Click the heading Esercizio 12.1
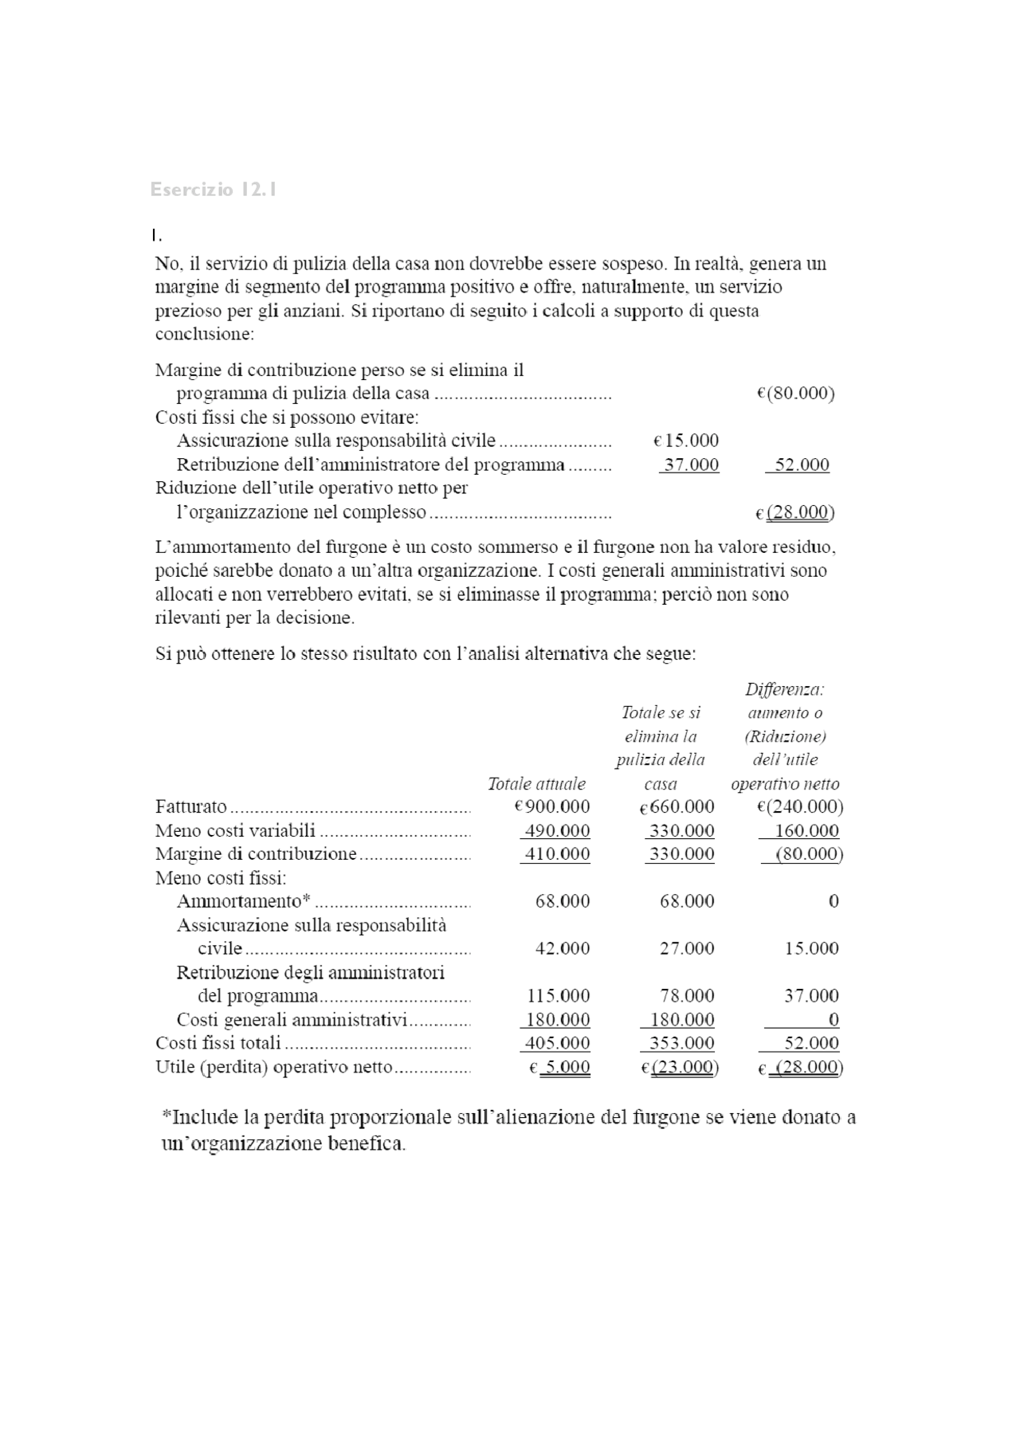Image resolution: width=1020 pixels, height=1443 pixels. pyautogui.click(x=214, y=190)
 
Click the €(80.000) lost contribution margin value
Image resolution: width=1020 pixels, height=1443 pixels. pyautogui.click(x=795, y=394)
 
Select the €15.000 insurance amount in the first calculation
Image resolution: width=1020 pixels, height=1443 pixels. pyautogui.click(x=686, y=441)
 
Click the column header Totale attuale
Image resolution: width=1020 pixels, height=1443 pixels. pyautogui.click(x=536, y=784)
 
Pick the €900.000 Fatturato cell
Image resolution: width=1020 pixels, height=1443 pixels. pyautogui.click(x=552, y=806)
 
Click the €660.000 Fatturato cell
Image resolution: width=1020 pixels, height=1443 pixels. pyautogui.click(x=677, y=807)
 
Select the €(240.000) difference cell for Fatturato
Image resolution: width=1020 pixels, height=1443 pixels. pyautogui.click(x=800, y=806)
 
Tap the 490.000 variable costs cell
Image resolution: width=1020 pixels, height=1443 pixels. pyautogui.click(x=557, y=830)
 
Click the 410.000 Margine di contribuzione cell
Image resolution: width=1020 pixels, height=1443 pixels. pyautogui.click(x=557, y=854)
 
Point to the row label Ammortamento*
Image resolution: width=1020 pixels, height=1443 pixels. pyautogui.click(x=243, y=901)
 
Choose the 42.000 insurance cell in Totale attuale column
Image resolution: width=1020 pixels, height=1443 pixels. pyautogui.click(x=563, y=948)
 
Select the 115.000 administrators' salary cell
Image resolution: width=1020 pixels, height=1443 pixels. pyautogui.click(x=559, y=996)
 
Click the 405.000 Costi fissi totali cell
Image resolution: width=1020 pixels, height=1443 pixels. pyautogui.click(x=557, y=1043)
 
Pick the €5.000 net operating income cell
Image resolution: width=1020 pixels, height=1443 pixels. pyautogui.click(x=560, y=1067)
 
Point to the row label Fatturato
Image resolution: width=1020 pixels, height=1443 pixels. pyautogui.click(x=191, y=807)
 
